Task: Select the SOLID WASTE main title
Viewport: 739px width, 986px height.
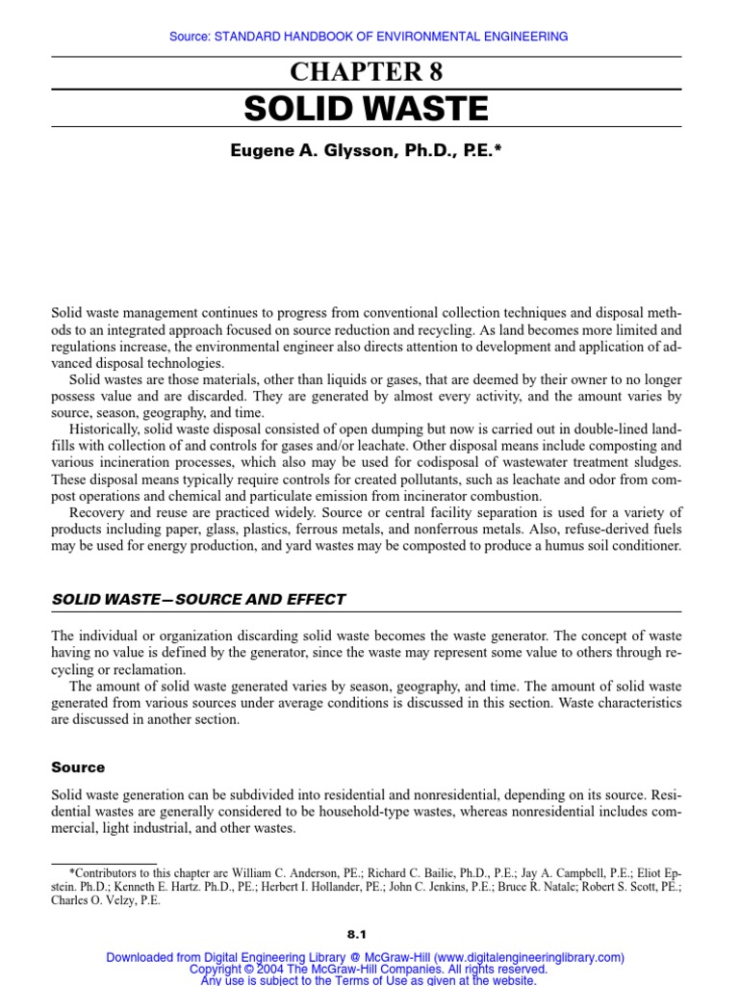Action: pyautogui.click(x=367, y=109)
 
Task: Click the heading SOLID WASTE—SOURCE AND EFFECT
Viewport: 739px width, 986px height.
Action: pyautogui.click(x=198, y=599)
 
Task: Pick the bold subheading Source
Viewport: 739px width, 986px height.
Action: pyautogui.click(x=78, y=767)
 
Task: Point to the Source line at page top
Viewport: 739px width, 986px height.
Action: pyautogui.click(x=369, y=37)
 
